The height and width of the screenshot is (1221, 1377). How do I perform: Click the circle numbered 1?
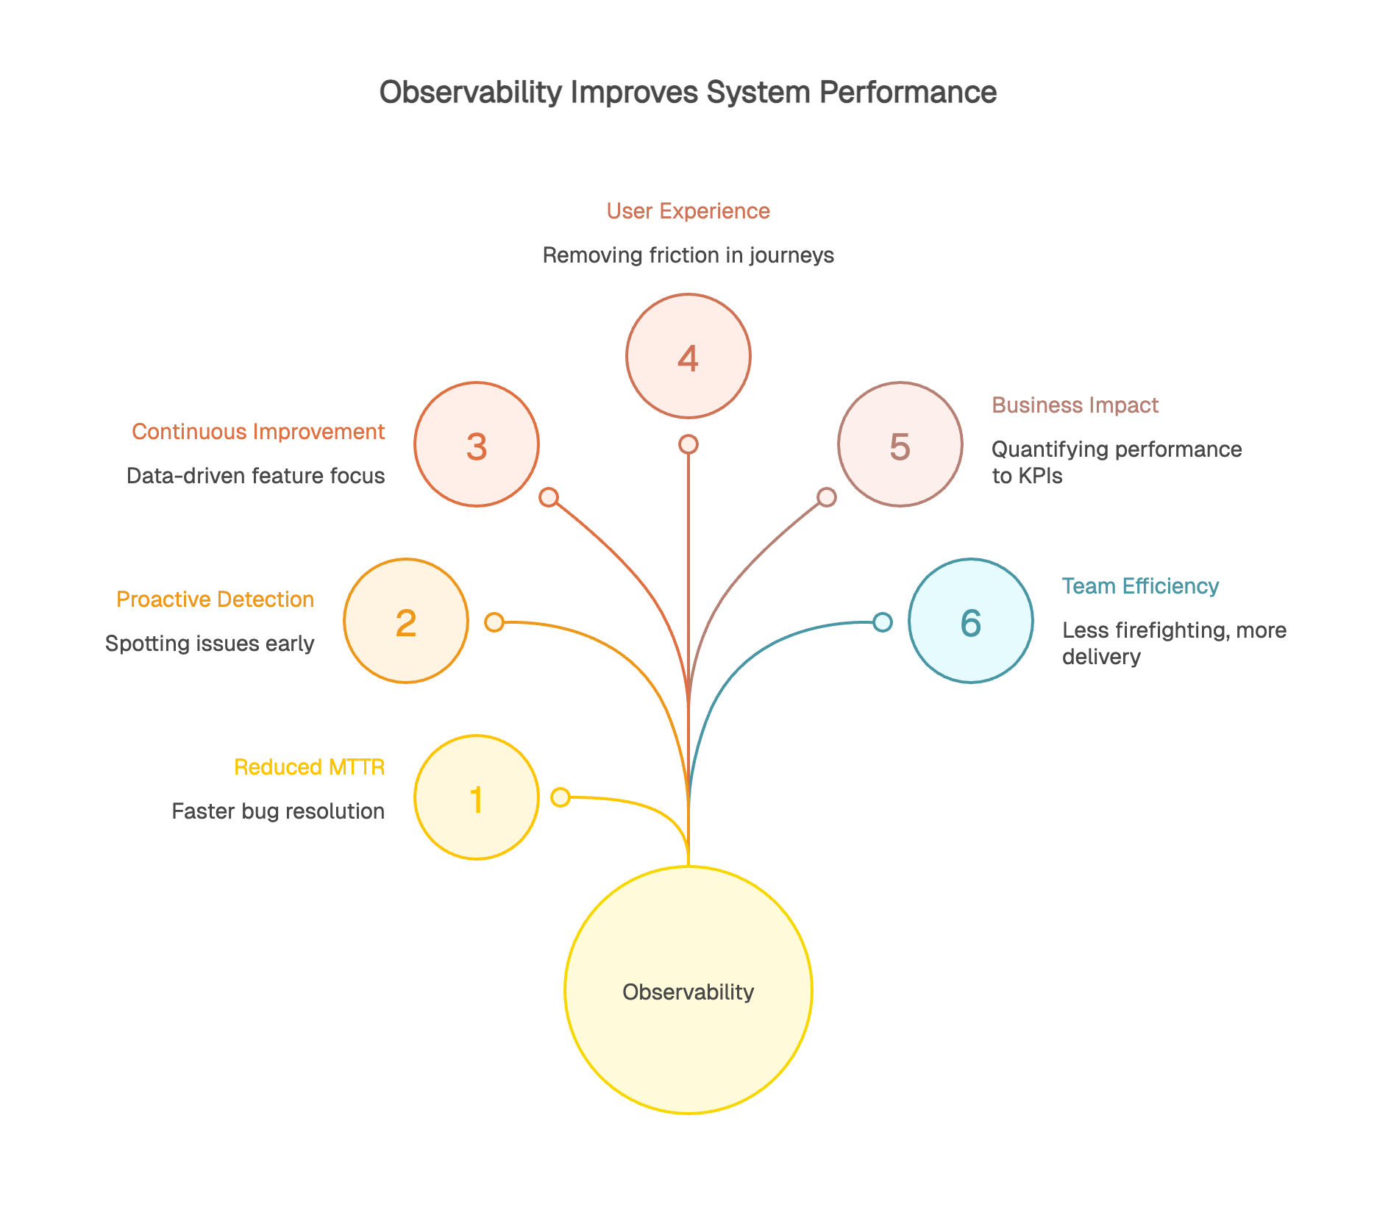tap(477, 797)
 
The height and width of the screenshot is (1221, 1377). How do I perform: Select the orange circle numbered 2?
tap(406, 622)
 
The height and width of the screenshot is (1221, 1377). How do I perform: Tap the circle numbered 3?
tap(477, 444)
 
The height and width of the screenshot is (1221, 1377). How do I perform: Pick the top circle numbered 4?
tap(688, 356)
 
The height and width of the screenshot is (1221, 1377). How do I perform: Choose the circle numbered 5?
tap(900, 444)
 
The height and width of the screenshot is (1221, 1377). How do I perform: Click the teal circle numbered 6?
tap(970, 622)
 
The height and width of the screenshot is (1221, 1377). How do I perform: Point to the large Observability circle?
tap(688, 990)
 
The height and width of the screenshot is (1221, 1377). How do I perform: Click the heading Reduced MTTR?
tap(309, 767)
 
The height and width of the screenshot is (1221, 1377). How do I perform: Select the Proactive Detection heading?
tap(215, 599)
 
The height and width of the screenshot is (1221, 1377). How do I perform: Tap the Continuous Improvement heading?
tap(257, 432)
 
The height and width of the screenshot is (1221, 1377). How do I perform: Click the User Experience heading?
tap(688, 211)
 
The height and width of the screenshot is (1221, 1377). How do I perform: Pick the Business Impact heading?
tap(1075, 405)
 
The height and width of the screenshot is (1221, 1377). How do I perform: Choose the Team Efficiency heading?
tap(1140, 586)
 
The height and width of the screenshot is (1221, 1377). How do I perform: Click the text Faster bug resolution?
tap(278, 811)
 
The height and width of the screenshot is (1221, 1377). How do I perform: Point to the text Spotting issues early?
tap(210, 644)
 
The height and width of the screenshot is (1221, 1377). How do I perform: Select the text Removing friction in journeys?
tap(688, 255)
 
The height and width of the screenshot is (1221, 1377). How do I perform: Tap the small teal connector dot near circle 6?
tap(883, 622)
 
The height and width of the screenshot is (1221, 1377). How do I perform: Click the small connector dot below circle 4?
tap(688, 444)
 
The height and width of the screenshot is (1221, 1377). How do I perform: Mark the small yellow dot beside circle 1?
tap(561, 797)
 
